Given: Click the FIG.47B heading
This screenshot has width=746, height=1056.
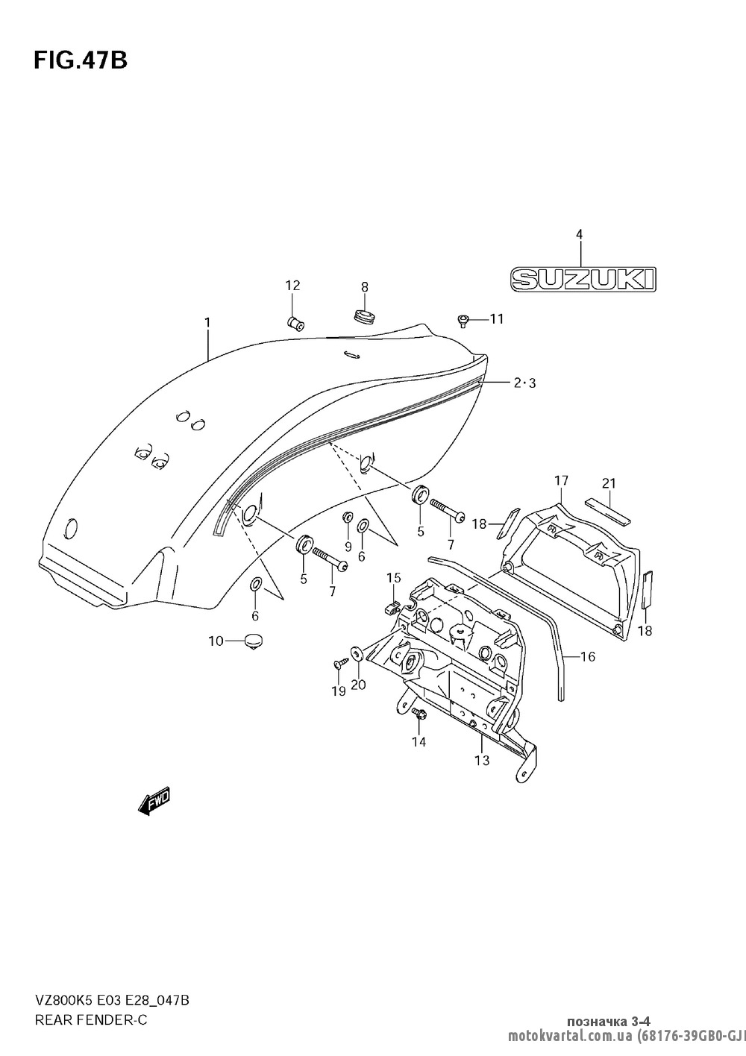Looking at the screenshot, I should [81, 60].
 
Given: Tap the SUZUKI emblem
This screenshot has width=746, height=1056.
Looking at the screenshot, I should [583, 279].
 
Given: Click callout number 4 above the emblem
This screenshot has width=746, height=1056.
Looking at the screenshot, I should [579, 234].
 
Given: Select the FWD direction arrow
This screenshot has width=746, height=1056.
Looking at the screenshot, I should [154, 801].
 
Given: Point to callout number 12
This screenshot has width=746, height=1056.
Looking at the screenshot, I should [292, 285].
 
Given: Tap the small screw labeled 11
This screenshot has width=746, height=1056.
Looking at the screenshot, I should [463, 321].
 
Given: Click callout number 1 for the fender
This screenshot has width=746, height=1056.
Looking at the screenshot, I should [207, 323].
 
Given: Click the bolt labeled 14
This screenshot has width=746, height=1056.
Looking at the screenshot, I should [418, 714].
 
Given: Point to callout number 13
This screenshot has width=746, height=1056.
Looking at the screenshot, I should [482, 761].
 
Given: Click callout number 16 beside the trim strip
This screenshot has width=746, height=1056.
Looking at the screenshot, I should [587, 656].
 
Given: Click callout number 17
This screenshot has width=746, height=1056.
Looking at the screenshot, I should [561, 480].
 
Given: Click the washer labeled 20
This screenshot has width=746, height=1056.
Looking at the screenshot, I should [357, 655].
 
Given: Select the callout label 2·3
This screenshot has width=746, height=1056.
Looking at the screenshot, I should [524, 383].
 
